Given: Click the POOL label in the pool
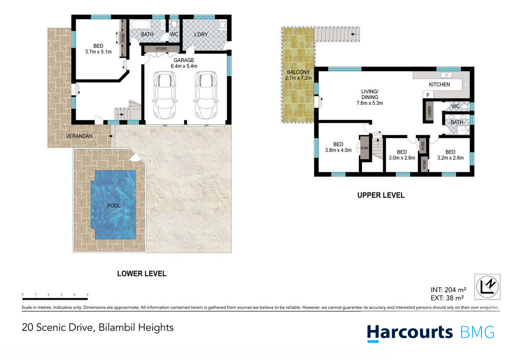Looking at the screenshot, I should click(114, 206).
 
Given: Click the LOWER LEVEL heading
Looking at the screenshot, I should click(142, 274).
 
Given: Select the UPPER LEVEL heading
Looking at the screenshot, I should click(381, 195).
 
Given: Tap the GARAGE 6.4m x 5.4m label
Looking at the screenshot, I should click(184, 63).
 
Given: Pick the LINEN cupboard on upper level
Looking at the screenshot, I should click(429, 111).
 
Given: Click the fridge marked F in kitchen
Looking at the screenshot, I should click(428, 95).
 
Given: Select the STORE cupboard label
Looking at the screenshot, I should click(161, 49).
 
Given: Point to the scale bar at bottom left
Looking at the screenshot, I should click(55, 298).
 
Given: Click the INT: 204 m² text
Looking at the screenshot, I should click(448, 289).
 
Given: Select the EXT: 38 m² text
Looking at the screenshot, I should click(448, 298).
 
